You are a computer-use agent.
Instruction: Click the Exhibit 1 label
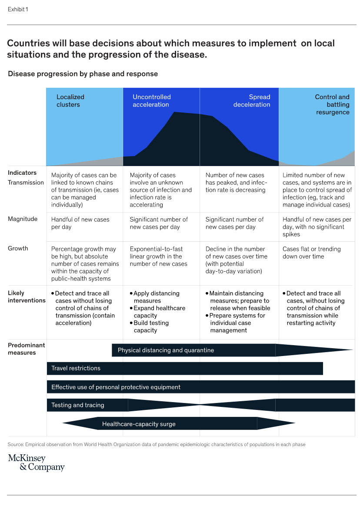18,9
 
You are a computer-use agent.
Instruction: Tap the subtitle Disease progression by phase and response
83,74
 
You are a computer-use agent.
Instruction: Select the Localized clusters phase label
70,101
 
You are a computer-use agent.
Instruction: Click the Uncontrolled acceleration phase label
151,101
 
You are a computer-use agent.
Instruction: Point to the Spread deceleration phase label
252,101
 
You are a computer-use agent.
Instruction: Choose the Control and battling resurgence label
332,104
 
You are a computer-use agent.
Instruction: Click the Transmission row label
26,183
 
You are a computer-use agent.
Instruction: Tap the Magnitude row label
23,219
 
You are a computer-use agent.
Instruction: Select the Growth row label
18,249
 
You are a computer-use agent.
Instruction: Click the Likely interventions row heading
27,296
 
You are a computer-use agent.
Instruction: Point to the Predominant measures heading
26,349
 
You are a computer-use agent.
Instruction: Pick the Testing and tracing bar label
78,405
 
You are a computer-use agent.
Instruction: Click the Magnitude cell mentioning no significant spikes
317,227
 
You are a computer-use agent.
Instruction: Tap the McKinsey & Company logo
36,463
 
